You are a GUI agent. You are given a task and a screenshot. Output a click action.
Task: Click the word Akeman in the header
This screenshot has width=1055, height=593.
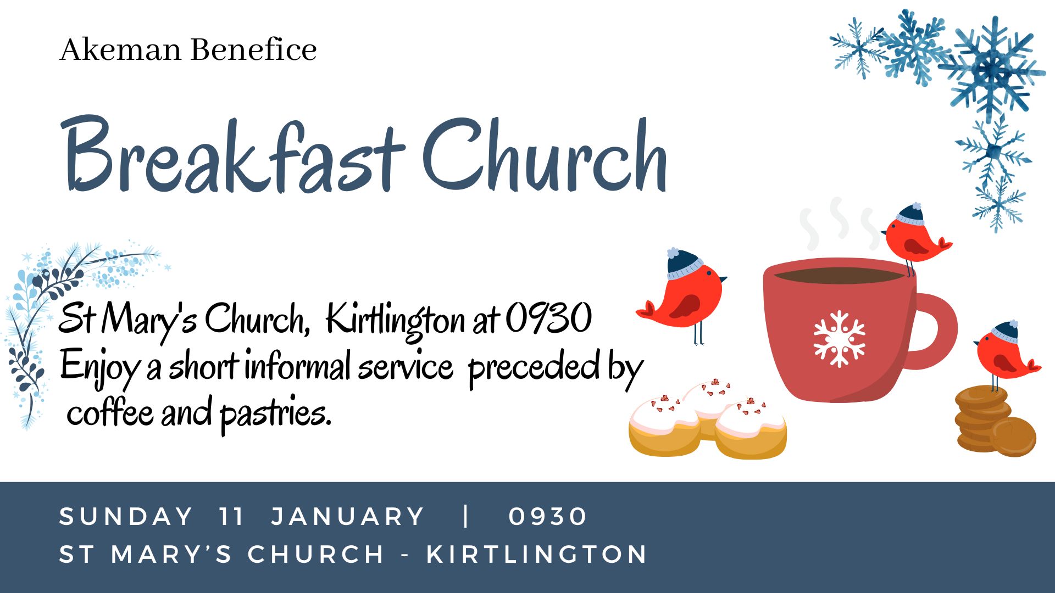[120, 49]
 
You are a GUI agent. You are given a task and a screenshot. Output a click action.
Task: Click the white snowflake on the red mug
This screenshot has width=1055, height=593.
[839, 339]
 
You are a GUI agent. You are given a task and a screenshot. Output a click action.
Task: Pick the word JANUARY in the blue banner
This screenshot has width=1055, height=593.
[348, 517]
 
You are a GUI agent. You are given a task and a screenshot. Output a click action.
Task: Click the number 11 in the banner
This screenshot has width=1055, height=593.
[231, 517]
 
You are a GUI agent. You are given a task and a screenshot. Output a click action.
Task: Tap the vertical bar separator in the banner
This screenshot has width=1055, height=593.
[466, 516]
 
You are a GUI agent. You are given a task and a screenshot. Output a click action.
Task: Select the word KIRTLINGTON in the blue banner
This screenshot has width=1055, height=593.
[537, 554]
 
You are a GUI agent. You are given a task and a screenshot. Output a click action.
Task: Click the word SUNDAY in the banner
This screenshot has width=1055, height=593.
[126, 517]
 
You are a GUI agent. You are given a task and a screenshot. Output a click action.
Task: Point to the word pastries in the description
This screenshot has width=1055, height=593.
[276, 415]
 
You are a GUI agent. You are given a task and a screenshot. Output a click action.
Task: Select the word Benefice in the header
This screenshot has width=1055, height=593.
[253, 49]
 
